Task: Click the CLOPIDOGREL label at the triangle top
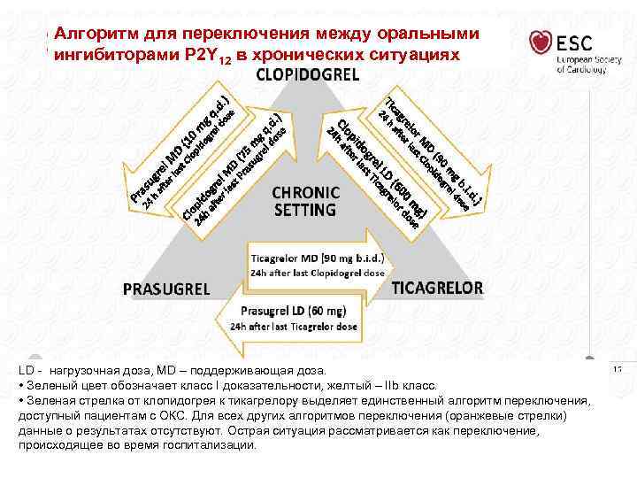[x=307, y=75]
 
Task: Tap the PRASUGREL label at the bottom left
[x=165, y=289]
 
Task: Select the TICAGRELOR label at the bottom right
[x=438, y=288]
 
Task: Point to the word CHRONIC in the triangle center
[x=305, y=193]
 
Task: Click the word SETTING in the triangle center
[x=304, y=211]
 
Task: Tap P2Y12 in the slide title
[x=207, y=56]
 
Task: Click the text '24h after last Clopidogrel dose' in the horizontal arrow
[x=318, y=273]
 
